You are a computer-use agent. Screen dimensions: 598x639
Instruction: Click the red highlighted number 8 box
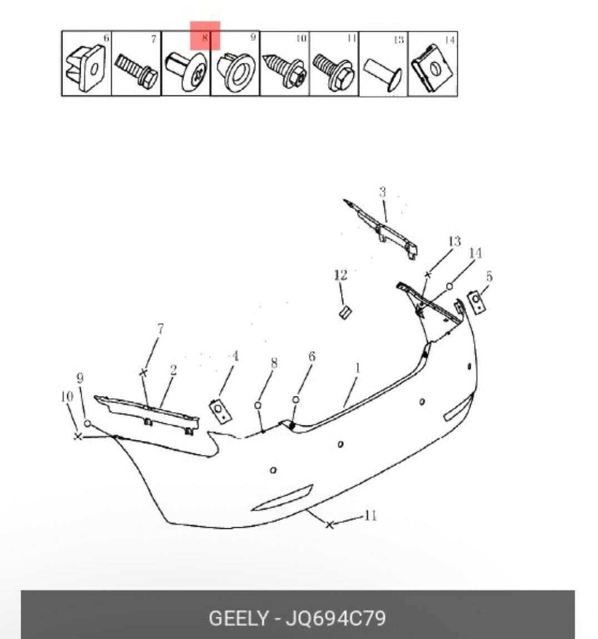(205, 36)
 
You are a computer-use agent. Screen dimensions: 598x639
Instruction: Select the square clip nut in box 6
(86, 68)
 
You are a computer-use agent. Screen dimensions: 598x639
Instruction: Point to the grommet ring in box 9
(236, 70)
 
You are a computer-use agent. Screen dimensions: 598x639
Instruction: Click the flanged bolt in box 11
(334, 72)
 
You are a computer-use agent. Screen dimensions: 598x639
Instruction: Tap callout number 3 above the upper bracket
(382, 192)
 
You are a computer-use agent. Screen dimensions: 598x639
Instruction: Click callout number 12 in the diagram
(340, 275)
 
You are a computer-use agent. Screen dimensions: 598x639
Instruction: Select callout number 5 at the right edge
(489, 276)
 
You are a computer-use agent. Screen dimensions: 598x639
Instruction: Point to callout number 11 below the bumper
(370, 516)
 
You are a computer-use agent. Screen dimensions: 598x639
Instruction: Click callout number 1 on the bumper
(358, 368)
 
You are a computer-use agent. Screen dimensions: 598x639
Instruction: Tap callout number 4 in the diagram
(235, 356)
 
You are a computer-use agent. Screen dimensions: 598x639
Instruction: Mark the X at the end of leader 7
(143, 373)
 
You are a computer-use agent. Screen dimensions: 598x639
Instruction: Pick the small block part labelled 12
(345, 312)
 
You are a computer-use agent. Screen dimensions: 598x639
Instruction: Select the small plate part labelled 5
(476, 302)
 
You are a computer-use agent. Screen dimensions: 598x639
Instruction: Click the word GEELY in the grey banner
(239, 618)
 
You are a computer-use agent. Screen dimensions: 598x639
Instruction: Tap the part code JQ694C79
(335, 618)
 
